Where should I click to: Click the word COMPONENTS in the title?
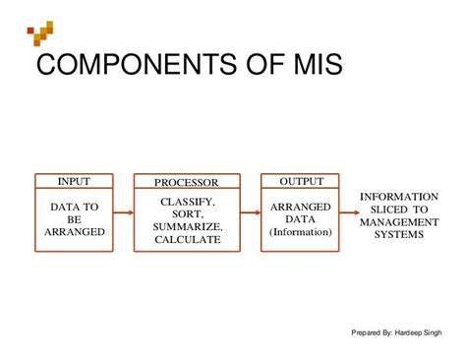(137, 64)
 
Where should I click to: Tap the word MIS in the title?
(318, 64)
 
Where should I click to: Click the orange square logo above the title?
(40, 33)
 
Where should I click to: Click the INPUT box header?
(74, 181)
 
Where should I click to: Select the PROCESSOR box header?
(187, 181)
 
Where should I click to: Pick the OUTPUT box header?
(300, 181)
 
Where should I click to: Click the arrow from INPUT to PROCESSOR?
(124, 212)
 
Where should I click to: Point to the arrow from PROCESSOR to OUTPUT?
(251, 212)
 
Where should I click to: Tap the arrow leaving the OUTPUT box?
(349, 212)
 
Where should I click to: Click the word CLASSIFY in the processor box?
(187, 202)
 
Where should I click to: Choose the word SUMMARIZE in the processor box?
(188, 227)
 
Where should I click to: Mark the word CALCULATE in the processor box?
(188, 240)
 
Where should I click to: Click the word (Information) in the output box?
(300, 232)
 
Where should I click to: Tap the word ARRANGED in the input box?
(75, 232)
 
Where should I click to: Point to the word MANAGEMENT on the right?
(399, 222)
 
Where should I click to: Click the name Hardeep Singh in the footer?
(418, 332)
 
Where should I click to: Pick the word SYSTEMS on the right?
(399, 234)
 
